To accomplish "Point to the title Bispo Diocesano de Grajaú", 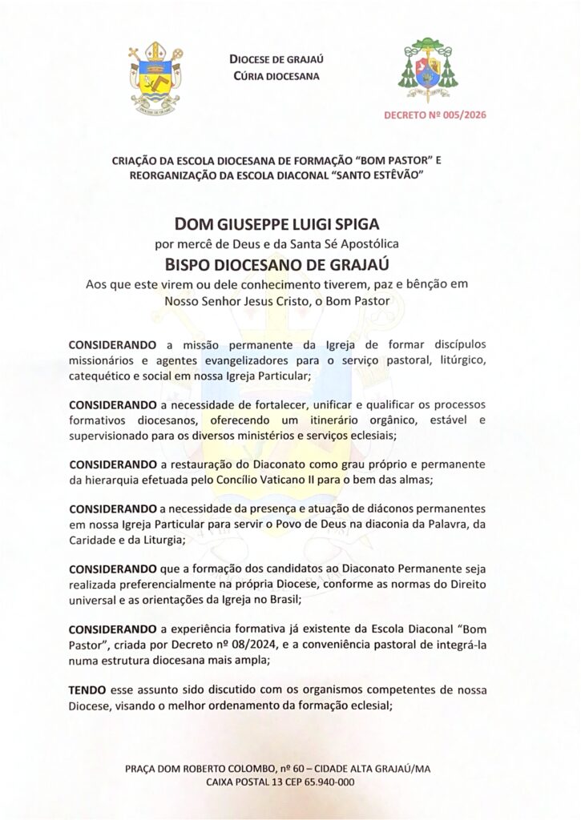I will point(290,263).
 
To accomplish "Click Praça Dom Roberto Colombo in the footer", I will point(206,769).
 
